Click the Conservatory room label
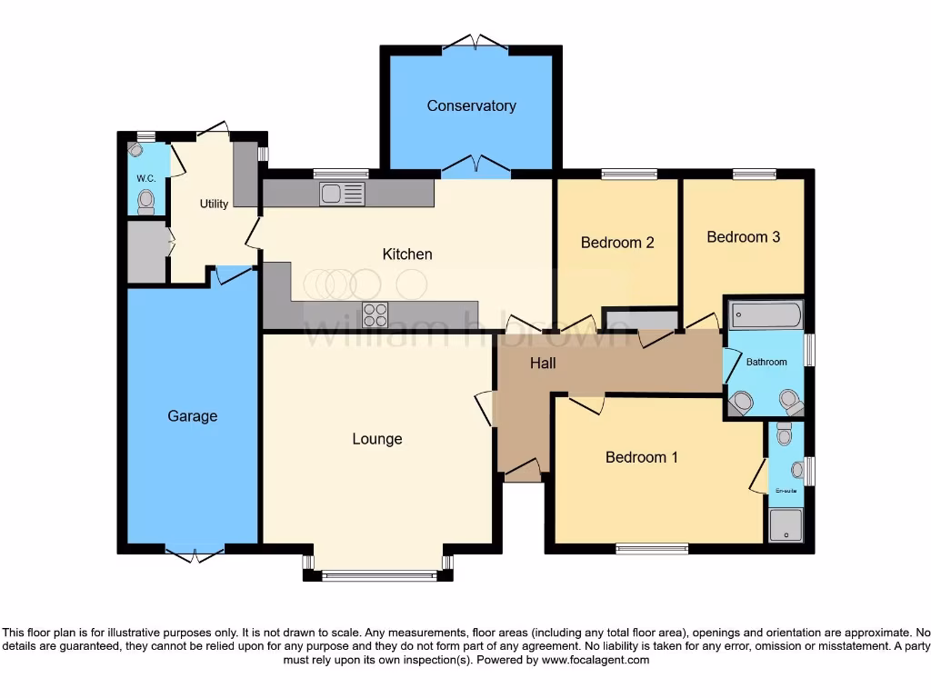471,105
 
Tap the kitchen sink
342,193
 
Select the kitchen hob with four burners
375,314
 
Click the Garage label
193,416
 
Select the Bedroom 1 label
642,457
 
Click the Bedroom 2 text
617,243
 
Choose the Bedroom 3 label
743,237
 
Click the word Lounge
377,439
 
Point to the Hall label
543,364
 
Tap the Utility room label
214,204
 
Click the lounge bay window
377,574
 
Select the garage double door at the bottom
194,551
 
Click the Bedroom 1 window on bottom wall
651,548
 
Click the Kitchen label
407,254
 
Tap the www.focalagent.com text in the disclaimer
595,660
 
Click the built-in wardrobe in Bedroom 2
641,319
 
